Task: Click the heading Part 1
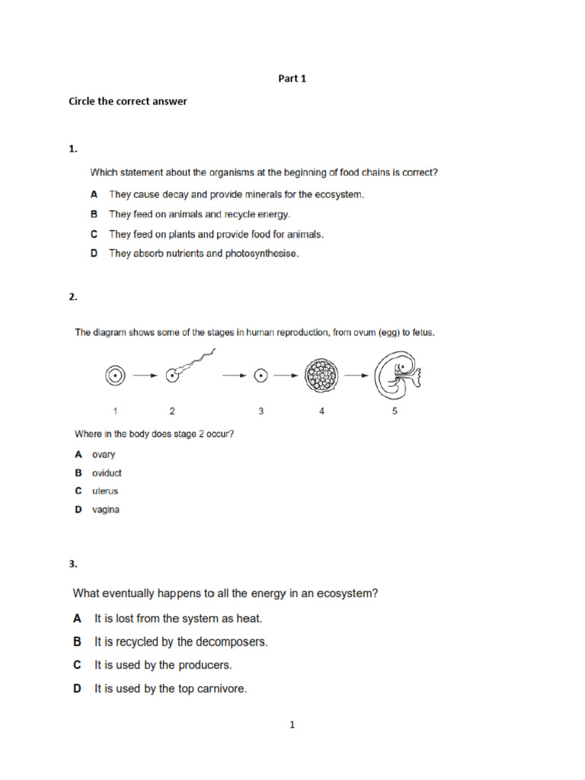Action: point(292,78)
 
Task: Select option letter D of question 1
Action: point(94,254)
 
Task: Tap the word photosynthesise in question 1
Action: point(261,254)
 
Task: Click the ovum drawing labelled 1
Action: point(115,376)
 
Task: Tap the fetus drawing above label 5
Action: point(396,374)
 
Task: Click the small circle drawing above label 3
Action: point(261,376)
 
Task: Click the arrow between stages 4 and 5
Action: point(356,376)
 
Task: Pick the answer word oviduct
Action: point(107,473)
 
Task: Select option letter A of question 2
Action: point(78,455)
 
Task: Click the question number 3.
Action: point(73,564)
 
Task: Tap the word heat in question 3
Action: point(258,619)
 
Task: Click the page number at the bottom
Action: point(292,725)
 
